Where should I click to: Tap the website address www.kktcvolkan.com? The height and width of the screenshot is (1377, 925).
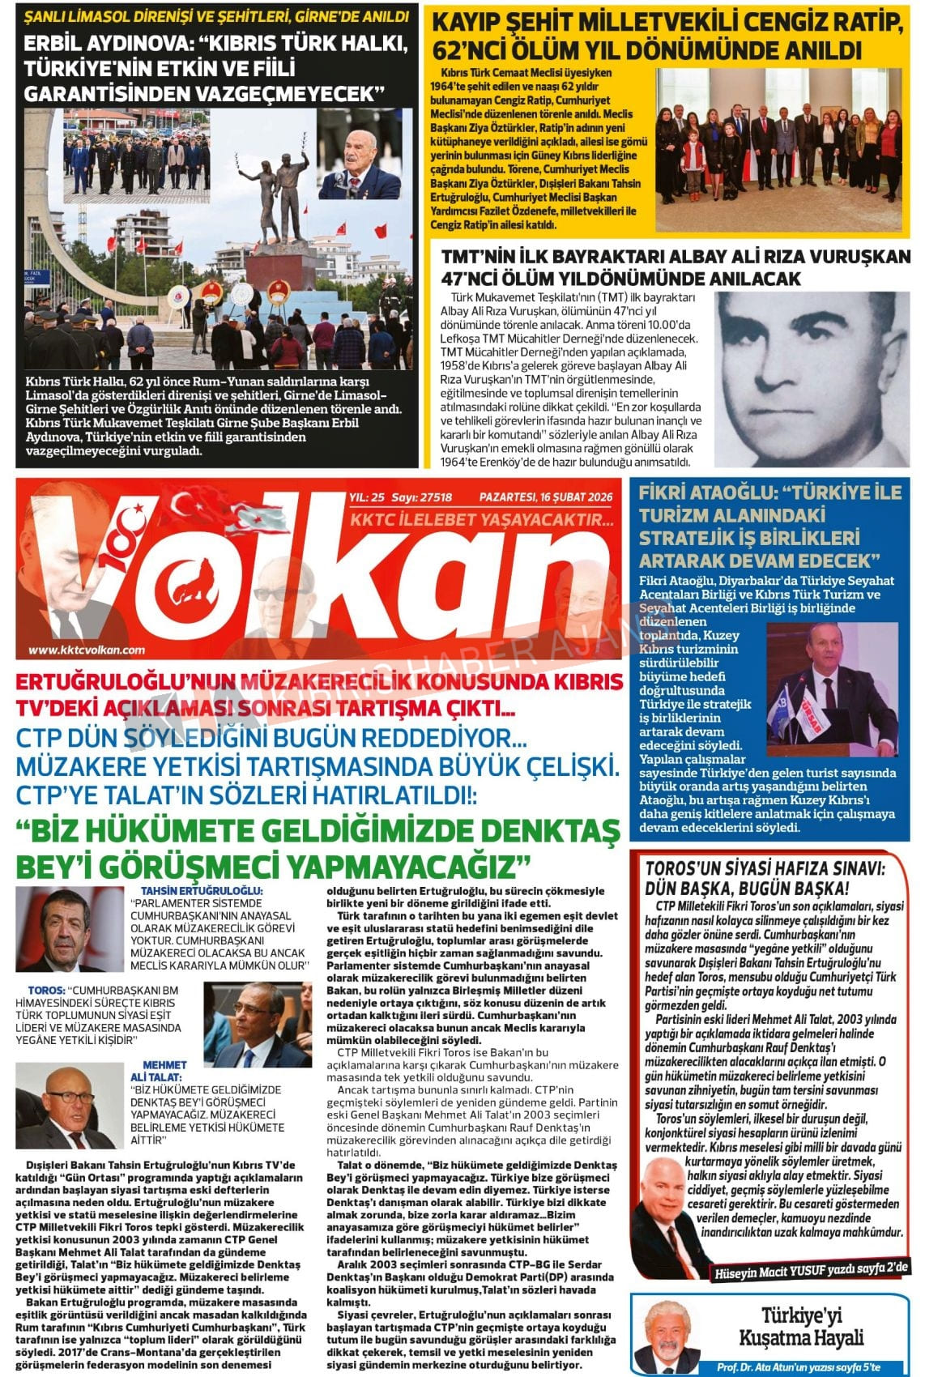[87, 649]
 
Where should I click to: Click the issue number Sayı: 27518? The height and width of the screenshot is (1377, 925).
[421, 497]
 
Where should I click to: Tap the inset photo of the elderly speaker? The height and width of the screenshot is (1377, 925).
[358, 155]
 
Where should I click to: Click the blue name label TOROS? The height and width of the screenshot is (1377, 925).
[45, 990]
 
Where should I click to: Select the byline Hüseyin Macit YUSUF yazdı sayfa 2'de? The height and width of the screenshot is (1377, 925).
[812, 1268]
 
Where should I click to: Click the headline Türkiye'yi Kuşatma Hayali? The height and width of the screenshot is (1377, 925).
[812, 1325]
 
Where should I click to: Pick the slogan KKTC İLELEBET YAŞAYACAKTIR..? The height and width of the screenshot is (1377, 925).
[481, 519]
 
